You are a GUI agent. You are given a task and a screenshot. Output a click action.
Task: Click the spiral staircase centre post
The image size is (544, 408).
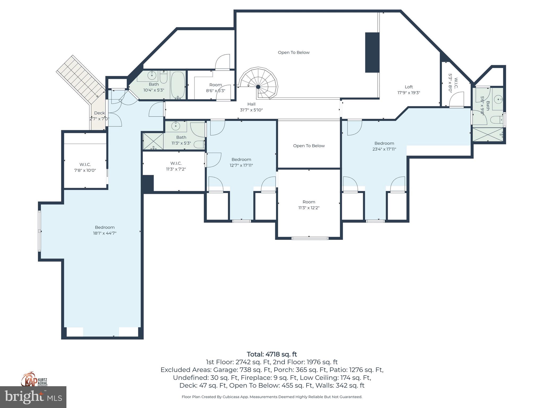258,87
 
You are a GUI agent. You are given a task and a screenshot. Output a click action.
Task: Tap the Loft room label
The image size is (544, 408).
409,87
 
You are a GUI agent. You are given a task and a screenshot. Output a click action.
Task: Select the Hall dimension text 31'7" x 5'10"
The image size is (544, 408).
251,110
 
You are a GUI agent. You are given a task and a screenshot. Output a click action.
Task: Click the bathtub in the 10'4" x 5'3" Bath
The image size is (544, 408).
178,85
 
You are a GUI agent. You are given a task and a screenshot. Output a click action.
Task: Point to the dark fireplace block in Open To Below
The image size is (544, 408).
372,52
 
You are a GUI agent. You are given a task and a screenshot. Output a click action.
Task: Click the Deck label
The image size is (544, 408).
99,113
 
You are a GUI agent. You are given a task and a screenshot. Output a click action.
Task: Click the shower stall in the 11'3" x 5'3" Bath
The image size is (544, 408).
153,141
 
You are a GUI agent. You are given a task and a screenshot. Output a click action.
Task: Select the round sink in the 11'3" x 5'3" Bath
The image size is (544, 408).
176,126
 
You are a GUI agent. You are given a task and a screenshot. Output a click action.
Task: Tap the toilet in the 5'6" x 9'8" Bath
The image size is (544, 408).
496,120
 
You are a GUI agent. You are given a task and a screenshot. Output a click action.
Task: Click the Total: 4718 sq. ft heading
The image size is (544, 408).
272,354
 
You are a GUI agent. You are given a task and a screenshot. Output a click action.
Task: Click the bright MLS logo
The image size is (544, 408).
33,397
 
